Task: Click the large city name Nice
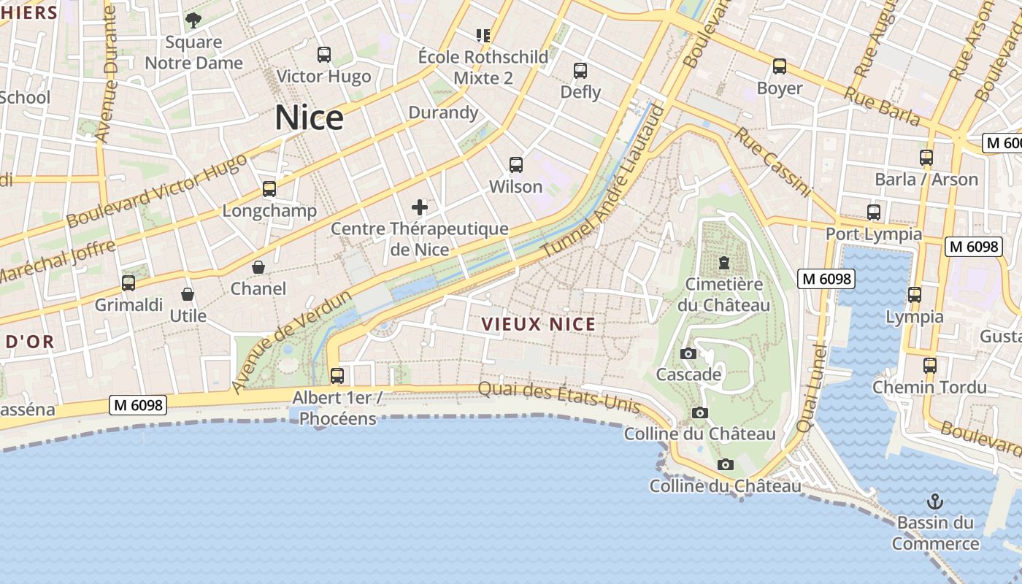[x=309, y=118]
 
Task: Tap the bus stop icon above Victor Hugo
[x=324, y=55]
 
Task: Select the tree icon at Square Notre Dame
[x=193, y=20]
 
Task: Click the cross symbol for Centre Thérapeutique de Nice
[x=420, y=207]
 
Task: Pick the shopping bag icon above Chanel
[x=258, y=267]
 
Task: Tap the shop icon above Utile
[x=188, y=294]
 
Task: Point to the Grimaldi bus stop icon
[x=128, y=283]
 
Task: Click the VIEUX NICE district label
[x=539, y=325]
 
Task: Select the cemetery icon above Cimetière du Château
[x=724, y=262]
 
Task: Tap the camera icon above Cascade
[x=688, y=354]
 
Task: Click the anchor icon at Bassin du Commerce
[x=934, y=502]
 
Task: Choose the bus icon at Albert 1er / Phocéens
[x=337, y=376]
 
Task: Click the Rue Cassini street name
[x=773, y=162]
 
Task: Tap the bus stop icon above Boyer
[x=780, y=67]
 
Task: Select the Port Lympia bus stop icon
[x=874, y=212]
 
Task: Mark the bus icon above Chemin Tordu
[x=929, y=366]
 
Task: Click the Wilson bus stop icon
[x=516, y=165]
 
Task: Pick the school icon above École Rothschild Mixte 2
[x=483, y=35]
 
